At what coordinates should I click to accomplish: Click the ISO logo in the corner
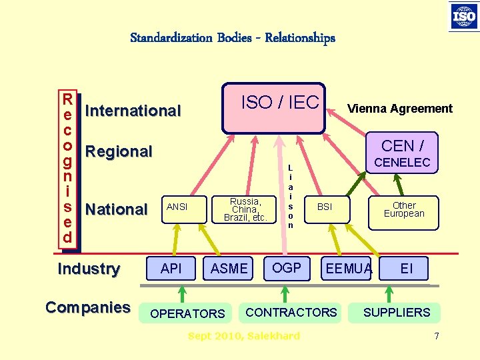[464, 16]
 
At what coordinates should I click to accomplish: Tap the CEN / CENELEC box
[405, 153]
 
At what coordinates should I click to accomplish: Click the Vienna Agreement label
[400, 109]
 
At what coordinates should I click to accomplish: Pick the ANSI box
[177, 207]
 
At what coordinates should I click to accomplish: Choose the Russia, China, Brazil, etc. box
[245, 209]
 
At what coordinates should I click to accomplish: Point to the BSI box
[325, 207]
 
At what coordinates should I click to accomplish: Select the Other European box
[404, 209]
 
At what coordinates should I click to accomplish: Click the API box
[171, 268]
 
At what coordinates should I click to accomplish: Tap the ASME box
[229, 268]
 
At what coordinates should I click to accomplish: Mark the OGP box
[287, 268]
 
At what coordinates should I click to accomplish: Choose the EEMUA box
[347, 269]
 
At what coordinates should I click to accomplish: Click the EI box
[407, 269]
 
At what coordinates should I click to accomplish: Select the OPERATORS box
[187, 313]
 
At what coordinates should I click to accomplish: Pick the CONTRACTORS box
[292, 312]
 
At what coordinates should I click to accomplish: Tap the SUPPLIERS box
[397, 312]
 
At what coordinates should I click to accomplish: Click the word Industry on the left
[89, 269]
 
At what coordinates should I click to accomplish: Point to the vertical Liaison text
[291, 197]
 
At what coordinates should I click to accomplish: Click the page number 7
[437, 336]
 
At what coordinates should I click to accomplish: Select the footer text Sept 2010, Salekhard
[244, 336]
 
